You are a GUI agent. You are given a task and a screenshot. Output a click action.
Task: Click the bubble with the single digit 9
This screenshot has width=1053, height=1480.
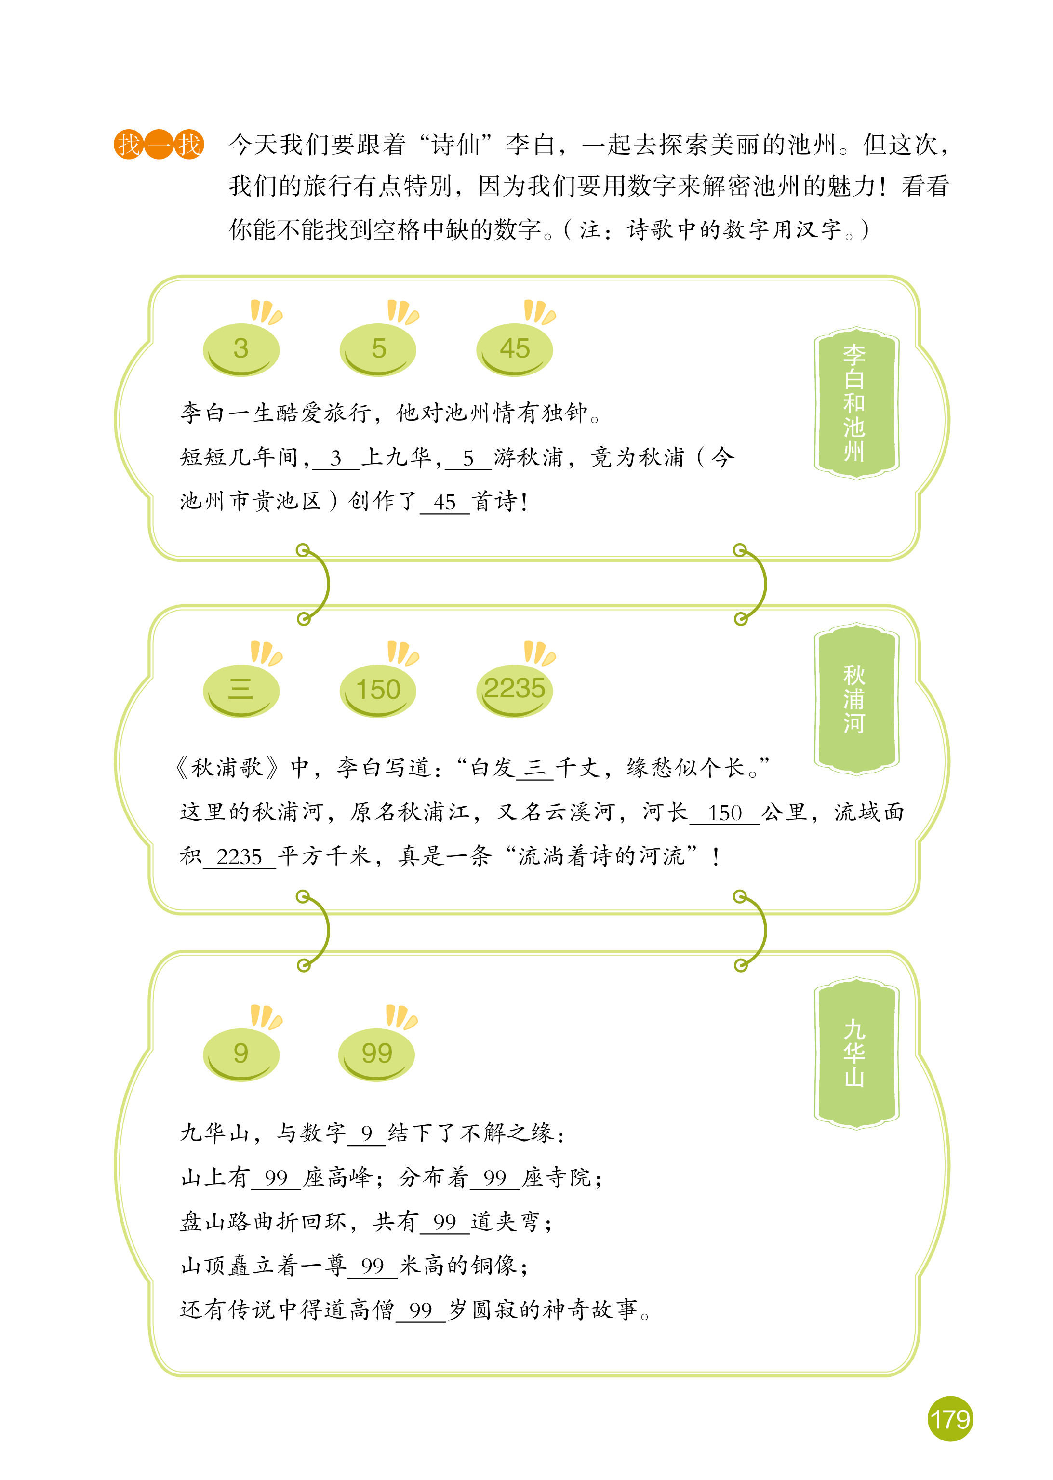(x=241, y=1054)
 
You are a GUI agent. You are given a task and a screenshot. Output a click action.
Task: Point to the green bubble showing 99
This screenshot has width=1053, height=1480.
(x=377, y=1054)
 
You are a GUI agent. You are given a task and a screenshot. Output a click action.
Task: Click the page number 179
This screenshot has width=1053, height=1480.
(x=950, y=1419)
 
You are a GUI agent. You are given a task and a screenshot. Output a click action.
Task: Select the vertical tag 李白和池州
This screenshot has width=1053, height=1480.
(x=856, y=403)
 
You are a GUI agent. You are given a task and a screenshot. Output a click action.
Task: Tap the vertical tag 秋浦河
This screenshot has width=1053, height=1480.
(x=856, y=699)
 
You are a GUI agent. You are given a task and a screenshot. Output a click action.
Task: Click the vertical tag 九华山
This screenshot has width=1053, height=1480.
(x=856, y=1054)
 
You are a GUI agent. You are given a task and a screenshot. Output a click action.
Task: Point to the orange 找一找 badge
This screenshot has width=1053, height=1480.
(x=159, y=144)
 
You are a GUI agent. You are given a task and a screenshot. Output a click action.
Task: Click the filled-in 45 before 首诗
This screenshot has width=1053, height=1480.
(x=445, y=502)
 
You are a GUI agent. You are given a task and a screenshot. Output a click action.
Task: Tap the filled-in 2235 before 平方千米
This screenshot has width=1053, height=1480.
(x=239, y=857)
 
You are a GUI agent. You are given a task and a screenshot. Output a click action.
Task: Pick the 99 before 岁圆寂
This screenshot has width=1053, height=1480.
(x=421, y=1309)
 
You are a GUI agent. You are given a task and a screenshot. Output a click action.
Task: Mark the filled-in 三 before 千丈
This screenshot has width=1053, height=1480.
(x=535, y=768)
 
